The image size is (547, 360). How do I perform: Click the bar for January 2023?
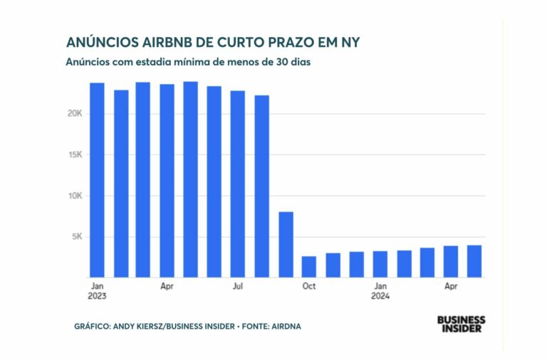[x=97, y=180]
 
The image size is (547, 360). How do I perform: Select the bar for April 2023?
[x=167, y=180]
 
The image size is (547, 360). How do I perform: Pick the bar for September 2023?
[x=286, y=245]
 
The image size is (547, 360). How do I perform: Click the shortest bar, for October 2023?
[x=309, y=267]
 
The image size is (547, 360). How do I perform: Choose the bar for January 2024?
[x=380, y=264]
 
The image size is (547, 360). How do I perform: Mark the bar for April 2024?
[x=451, y=262]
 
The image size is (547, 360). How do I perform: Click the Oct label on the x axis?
[x=309, y=287]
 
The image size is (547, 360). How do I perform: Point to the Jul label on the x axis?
[x=238, y=287]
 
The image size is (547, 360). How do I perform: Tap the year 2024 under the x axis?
[x=381, y=296]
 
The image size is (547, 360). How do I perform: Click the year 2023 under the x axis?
[x=98, y=296]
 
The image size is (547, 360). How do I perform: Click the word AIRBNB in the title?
[x=160, y=42]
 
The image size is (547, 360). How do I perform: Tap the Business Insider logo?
[x=461, y=324]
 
